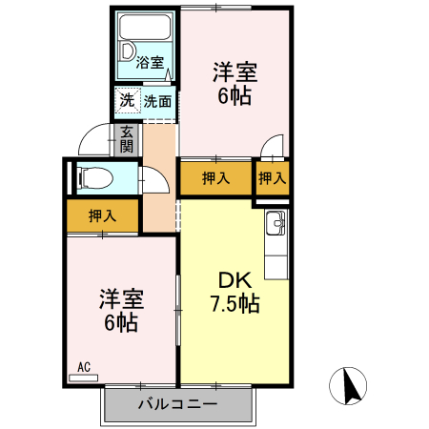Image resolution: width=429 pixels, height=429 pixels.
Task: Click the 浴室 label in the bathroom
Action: click(149, 65)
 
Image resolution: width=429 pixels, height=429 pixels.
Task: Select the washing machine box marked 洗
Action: click(127, 100)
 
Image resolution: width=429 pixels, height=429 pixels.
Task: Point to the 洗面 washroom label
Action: click(157, 100)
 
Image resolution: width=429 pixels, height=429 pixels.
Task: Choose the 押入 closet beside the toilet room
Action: click(102, 216)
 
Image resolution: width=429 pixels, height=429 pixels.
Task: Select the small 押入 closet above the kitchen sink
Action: click(273, 177)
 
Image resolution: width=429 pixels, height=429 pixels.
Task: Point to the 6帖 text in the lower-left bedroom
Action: click(121, 323)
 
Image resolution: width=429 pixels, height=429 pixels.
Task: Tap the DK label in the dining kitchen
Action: click(234, 281)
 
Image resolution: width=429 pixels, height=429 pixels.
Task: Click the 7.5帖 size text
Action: click(234, 305)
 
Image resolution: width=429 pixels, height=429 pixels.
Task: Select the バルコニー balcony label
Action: click(177, 403)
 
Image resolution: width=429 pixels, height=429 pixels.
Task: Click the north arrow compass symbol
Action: click(350, 385)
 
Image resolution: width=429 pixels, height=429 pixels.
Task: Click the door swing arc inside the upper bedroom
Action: click(274, 149)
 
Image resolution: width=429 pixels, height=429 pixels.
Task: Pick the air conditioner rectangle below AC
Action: click(83, 378)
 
